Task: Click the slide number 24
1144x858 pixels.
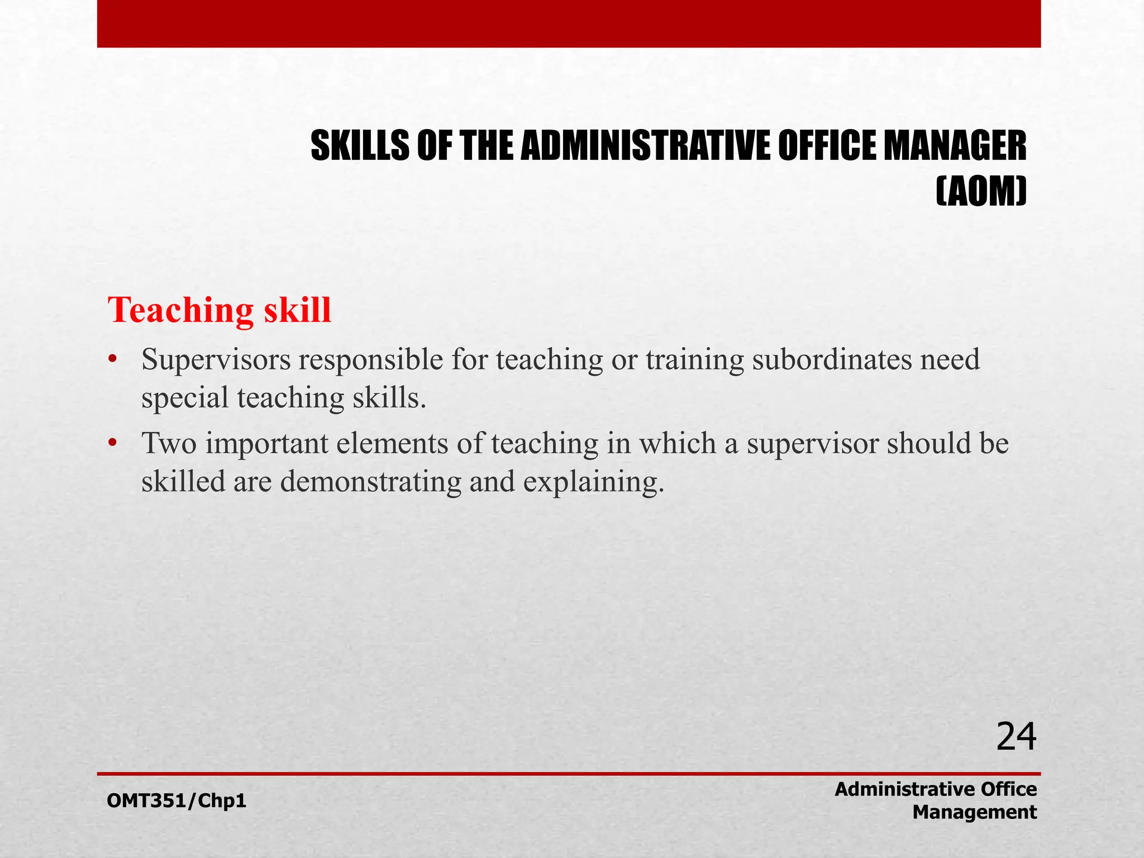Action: point(1016,737)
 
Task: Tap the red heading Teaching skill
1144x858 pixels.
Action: point(220,310)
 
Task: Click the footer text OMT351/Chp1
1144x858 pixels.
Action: point(177,801)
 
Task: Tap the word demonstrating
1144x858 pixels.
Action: point(371,482)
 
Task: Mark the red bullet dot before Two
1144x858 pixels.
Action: point(112,444)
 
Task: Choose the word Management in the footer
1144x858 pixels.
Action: point(974,812)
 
